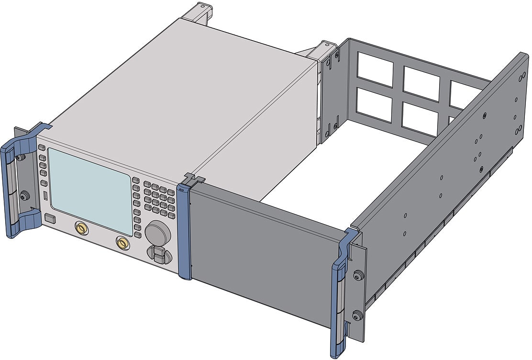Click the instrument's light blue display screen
[x=90, y=184]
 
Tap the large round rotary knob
[x=158, y=234]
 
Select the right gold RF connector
[x=123, y=244]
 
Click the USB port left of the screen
[x=45, y=196]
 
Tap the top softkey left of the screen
[x=42, y=148]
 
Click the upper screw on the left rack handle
[x=20, y=157]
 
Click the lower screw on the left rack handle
[x=24, y=194]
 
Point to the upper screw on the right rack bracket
[x=356, y=275]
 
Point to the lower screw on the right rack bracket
[x=356, y=315]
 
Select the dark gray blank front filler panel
[x=263, y=249]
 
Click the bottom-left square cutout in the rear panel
[x=374, y=103]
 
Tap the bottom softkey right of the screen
[x=138, y=235]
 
